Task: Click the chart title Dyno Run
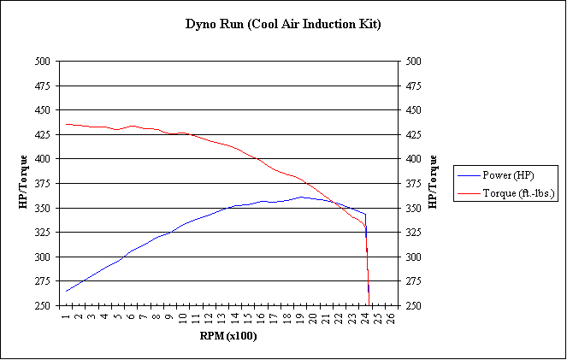283,24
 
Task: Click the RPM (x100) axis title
227,336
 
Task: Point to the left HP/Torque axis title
24,182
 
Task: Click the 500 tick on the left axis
43,62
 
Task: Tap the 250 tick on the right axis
414,306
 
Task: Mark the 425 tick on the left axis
43,135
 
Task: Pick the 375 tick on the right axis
414,184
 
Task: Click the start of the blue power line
66,291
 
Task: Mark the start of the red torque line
66,124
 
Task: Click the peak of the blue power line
300,197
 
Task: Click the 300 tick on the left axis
43,257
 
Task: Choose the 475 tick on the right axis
414,86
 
